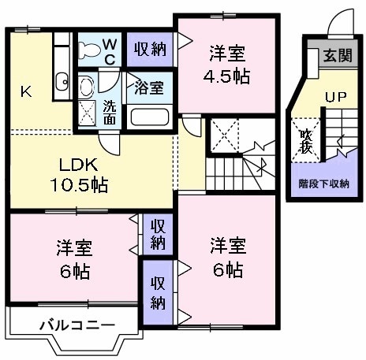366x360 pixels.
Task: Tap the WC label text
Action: pos(110,50)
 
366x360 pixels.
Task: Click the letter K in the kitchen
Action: pos(26,91)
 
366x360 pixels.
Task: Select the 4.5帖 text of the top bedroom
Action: pos(227,78)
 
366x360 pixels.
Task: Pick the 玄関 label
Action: pos(338,57)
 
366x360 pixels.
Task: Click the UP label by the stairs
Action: pos(336,98)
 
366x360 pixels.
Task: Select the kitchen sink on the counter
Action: pos(62,79)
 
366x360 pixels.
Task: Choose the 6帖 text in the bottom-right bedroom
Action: pos(227,269)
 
